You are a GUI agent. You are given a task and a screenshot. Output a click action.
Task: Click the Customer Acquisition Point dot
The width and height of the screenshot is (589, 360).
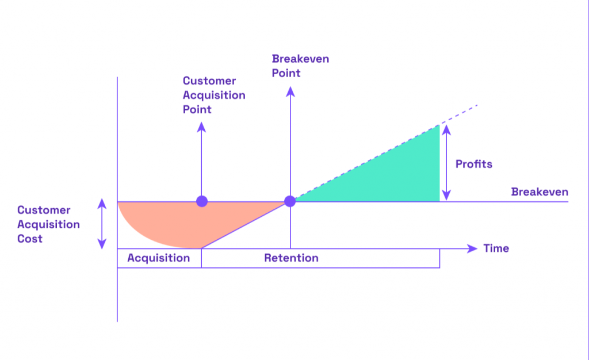tap(202, 201)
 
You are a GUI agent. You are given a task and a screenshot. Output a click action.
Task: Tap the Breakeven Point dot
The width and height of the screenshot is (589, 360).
tap(290, 201)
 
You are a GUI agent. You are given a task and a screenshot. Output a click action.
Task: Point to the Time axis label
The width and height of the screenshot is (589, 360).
tap(496, 248)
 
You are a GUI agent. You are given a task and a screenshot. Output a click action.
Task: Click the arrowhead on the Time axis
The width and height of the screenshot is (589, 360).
tap(473, 248)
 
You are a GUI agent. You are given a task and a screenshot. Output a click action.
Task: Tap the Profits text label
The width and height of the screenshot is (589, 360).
tap(474, 164)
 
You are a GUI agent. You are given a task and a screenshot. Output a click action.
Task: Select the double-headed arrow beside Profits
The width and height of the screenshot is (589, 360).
tap(446, 163)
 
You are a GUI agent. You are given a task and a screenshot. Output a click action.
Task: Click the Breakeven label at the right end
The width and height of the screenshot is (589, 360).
tap(540, 192)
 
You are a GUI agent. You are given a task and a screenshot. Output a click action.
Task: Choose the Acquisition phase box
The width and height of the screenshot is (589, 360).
tap(159, 258)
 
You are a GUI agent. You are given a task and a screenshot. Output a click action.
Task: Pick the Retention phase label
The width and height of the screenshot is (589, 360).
tap(291, 258)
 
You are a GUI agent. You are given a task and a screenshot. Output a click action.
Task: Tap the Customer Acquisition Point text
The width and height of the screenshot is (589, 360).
tap(214, 95)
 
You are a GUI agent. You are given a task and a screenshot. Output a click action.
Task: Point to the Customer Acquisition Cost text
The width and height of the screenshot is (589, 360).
tap(48, 224)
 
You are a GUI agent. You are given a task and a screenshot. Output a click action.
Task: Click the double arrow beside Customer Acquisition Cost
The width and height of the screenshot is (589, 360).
tap(102, 224)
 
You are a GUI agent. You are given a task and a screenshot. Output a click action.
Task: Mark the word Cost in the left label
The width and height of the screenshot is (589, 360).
tap(30, 239)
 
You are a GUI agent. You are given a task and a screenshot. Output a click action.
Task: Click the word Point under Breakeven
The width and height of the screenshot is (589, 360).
tap(286, 73)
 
